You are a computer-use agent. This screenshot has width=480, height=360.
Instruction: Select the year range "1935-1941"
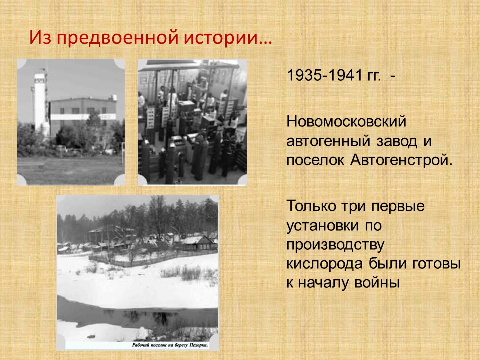[x=325, y=75]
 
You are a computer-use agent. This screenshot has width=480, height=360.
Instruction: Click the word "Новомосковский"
[x=346, y=122]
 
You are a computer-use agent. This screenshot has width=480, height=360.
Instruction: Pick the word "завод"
[x=397, y=141]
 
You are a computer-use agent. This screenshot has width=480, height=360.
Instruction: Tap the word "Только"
[x=311, y=206]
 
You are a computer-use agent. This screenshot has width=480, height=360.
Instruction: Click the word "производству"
[x=336, y=245]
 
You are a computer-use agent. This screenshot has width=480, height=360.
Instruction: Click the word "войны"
[x=377, y=283]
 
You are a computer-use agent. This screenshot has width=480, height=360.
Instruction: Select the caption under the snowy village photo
[x=170, y=345]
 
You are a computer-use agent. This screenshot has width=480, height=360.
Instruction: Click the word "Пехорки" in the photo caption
[x=199, y=345]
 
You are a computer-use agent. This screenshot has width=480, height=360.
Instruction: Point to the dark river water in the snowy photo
[x=138, y=315]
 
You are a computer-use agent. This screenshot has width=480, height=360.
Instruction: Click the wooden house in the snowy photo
[x=199, y=243]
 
